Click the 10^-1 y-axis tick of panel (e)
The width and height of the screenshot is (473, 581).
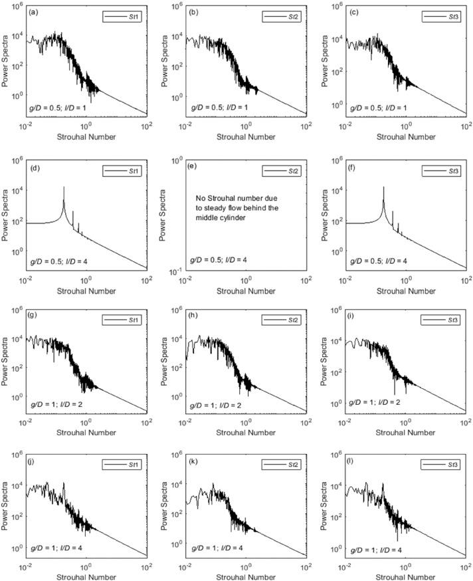[177, 271]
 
